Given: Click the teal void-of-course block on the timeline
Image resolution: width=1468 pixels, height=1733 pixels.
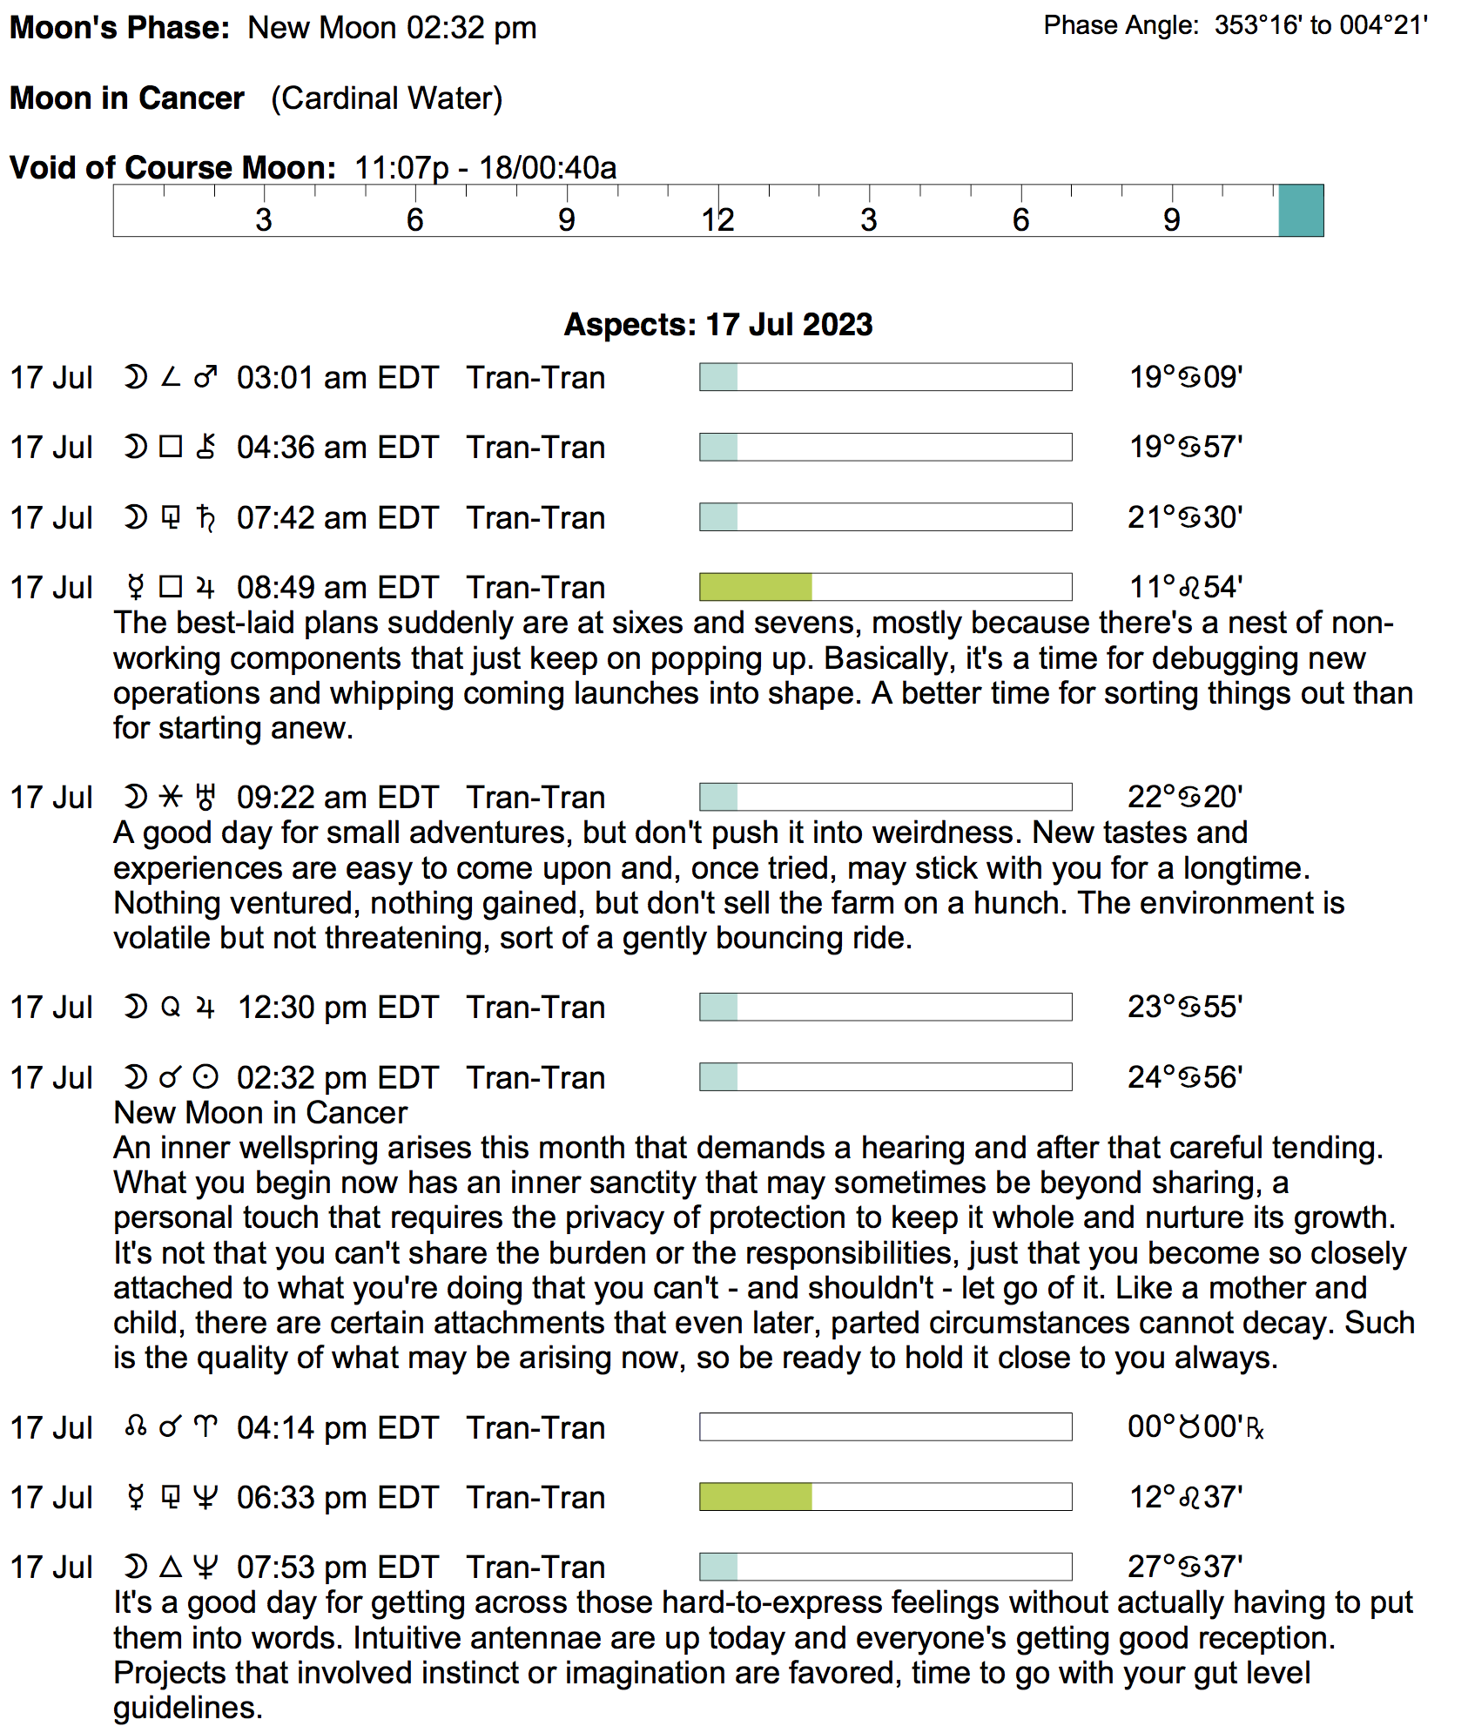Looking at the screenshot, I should pyautogui.click(x=1300, y=211).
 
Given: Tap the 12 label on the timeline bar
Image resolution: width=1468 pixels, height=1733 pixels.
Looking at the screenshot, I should pyautogui.click(x=717, y=220).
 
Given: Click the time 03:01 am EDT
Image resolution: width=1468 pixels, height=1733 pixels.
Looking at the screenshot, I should pyautogui.click(x=337, y=378).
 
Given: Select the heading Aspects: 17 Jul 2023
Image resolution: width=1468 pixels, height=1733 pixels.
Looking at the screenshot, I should pyautogui.click(x=717, y=325).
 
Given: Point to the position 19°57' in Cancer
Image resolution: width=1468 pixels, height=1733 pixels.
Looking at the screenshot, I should pyautogui.click(x=1185, y=448).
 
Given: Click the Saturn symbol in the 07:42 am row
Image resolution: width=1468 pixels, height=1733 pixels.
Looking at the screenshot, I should pyautogui.click(x=205, y=518).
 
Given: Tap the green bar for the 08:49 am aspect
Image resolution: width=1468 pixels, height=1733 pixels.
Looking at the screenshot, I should pyautogui.click(x=756, y=588).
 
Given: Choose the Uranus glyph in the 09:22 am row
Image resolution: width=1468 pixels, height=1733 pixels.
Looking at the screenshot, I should pyautogui.click(x=205, y=798).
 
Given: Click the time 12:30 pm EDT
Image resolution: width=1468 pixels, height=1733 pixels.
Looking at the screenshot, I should pyautogui.click(x=337, y=1008).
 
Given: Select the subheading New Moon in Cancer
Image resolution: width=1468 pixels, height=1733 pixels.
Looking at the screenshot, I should pyautogui.click(x=260, y=1113).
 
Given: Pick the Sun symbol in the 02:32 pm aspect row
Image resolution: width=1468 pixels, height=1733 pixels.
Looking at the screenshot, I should pyautogui.click(x=205, y=1078).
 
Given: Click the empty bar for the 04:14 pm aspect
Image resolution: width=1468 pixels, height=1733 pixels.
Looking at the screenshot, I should pyautogui.click(x=885, y=1427).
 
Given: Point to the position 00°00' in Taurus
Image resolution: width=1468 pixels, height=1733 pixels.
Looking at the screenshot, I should pyautogui.click(x=1195, y=1427).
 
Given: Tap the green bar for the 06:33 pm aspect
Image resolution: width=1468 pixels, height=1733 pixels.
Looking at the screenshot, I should pyautogui.click(x=756, y=1497).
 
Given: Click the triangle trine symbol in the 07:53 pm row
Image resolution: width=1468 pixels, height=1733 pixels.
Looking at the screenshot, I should pyautogui.click(x=171, y=1568).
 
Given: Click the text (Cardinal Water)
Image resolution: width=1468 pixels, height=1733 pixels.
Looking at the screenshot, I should pyautogui.click(x=387, y=98).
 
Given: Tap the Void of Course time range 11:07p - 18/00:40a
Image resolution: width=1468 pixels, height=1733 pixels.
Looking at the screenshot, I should pyautogui.click(x=485, y=167).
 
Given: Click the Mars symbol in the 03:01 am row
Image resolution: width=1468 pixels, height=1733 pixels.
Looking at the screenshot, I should pyautogui.click(x=205, y=378).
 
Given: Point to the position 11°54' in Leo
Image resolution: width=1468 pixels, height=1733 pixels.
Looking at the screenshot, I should pyautogui.click(x=1185, y=588).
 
